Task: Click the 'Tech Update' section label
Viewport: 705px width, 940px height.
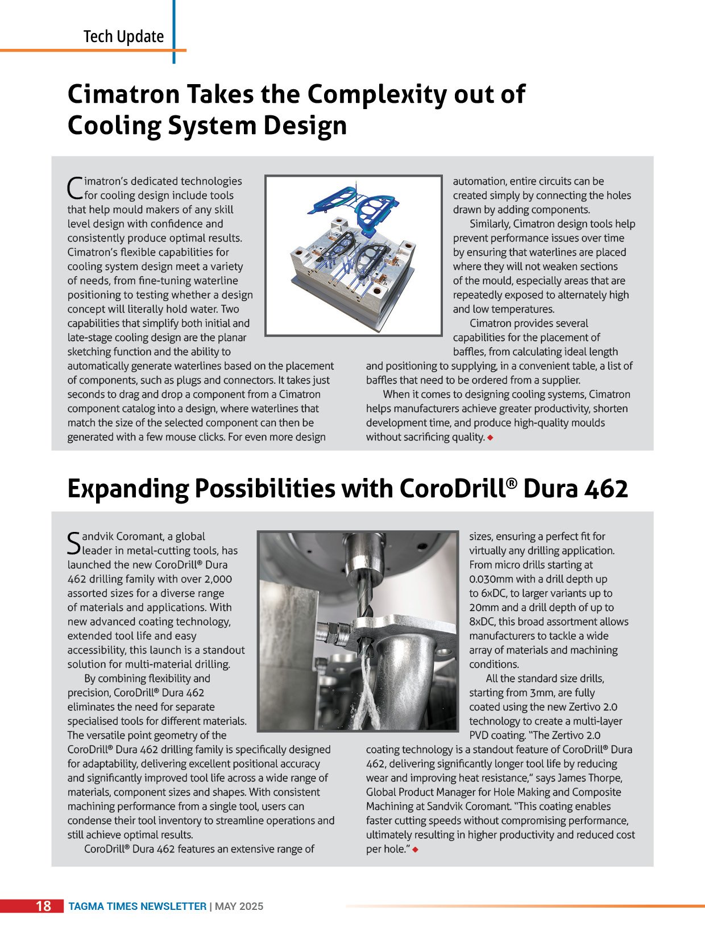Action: [x=123, y=37]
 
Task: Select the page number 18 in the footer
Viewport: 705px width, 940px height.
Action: [x=43, y=906]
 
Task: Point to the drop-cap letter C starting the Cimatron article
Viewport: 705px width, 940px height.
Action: [x=75, y=188]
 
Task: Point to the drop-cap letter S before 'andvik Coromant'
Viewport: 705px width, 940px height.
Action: [x=74, y=543]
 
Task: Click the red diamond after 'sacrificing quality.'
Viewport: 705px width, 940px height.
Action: [x=490, y=438]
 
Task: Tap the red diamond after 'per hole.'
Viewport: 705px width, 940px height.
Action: [x=415, y=850]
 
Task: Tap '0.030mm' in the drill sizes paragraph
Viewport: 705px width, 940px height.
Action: [x=491, y=579]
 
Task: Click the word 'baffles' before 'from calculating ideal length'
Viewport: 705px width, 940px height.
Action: [x=469, y=352]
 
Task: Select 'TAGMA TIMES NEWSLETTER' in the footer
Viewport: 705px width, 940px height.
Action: [x=138, y=906]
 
